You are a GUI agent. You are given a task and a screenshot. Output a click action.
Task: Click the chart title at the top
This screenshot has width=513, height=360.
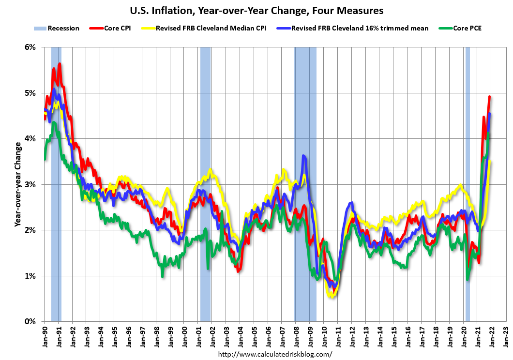click(x=256, y=10)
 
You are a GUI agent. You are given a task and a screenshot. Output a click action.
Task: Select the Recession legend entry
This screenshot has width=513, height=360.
click(x=57, y=28)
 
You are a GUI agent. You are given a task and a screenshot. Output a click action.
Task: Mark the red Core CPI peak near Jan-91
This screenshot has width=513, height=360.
click(x=60, y=64)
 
